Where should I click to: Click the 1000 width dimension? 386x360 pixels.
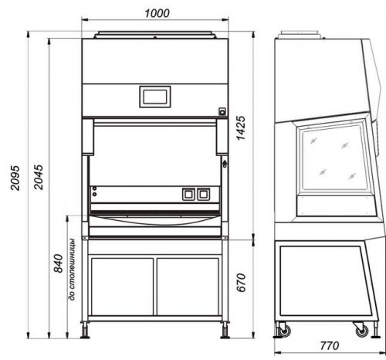tap(157, 13)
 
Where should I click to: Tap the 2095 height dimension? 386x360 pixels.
tap(15, 178)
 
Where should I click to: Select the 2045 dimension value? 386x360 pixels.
tap(39, 177)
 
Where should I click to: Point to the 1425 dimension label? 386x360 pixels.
tap(241, 128)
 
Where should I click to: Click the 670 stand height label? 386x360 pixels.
tap(241, 283)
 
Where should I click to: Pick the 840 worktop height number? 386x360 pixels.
tap(58, 263)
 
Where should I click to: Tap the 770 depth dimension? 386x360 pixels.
tap(330, 345)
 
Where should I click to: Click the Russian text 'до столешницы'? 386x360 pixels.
tap(73, 270)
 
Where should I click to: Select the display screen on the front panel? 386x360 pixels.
tap(155, 97)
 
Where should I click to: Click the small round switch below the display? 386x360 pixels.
tap(222, 112)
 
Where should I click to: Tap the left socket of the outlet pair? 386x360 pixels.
tap(188, 195)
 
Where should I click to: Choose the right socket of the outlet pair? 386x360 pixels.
tap(204, 195)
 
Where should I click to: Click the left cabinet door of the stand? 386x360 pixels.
tap(122, 287)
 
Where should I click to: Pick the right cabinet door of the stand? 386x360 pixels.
tap(188, 287)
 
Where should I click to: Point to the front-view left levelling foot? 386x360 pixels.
tap(85, 330)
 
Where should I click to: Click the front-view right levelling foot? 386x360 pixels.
tap(225, 330)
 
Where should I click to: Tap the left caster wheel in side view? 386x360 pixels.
tap(284, 331)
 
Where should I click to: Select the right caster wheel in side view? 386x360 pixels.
tap(362, 331)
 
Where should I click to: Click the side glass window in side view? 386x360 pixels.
tap(334, 158)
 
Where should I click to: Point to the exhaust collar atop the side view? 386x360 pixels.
tap(300, 35)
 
